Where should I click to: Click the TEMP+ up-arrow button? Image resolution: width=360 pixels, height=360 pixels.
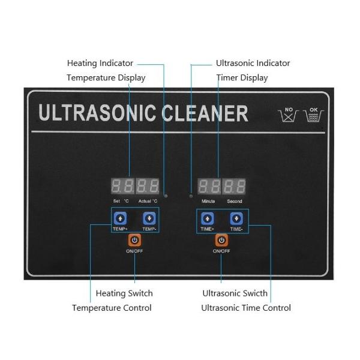click(x=120, y=218)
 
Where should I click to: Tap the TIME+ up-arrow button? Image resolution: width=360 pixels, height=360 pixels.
click(x=207, y=218)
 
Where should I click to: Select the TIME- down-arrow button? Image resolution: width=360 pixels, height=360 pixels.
click(x=236, y=218)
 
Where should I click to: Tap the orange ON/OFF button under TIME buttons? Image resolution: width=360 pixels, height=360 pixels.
click(x=221, y=240)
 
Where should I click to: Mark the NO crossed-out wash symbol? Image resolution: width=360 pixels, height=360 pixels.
click(x=289, y=115)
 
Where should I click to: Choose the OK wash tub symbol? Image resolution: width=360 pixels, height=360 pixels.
click(x=314, y=115)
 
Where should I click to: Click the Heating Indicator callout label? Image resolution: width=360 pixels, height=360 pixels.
click(x=100, y=63)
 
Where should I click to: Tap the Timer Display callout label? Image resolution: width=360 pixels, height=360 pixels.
click(x=242, y=77)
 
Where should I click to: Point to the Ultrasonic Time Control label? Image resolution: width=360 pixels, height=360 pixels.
click(x=246, y=308)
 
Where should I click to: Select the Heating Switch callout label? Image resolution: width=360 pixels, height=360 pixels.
click(x=124, y=293)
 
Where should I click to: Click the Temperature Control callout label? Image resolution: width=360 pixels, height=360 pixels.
click(x=112, y=308)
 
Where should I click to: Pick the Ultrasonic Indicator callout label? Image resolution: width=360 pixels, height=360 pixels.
click(x=253, y=63)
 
